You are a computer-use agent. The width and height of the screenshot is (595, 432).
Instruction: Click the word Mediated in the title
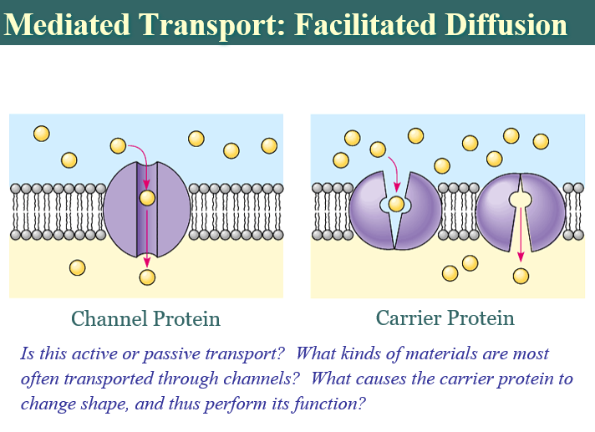point(67,25)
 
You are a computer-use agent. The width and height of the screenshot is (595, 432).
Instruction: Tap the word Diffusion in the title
point(506,25)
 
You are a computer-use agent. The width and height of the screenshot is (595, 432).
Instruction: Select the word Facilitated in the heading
point(365,25)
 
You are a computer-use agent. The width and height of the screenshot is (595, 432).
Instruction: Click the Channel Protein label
point(145,318)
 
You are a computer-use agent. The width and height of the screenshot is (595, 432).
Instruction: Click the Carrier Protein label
point(445,318)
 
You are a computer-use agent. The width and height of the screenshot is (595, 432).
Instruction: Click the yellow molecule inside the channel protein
point(147,197)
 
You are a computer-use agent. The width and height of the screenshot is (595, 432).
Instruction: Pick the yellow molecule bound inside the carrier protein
point(397,204)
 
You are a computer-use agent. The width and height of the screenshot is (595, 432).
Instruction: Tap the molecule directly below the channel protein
point(147,277)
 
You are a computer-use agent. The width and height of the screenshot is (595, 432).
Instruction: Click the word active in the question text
point(94,353)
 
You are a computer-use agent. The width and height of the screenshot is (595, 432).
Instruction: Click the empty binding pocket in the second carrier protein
point(521,199)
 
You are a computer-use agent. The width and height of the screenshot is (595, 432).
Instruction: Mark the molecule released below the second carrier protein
point(521,276)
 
